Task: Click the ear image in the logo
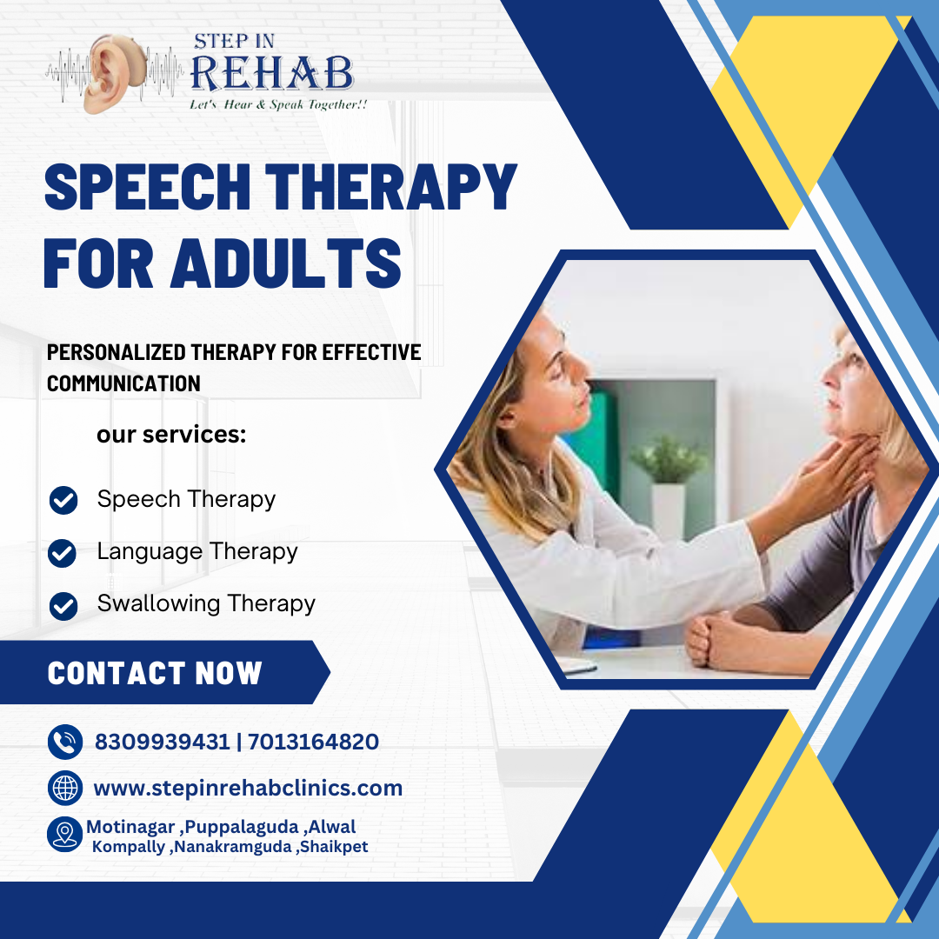pyautogui.click(x=114, y=74)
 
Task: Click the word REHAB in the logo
pyautogui.click(x=272, y=74)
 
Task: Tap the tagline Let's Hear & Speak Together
pyautogui.click(x=278, y=105)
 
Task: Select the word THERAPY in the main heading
pyautogui.click(x=391, y=187)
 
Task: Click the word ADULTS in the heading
pyautogui.click(x=286, y=263)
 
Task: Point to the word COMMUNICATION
pyautogui.click(x=123, y=383)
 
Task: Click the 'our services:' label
pyautogui.click(x=171, y=435)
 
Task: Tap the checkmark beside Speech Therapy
pyautogui.click(x=63, y=500)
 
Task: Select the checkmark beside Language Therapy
pyautogui.click(x=63, y=553)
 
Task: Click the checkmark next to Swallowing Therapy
pyautogui.click(x=63, y=606)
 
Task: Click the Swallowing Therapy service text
pyautogui.click(x=206, y=603)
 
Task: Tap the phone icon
pyautogui.click(x=65, y=742)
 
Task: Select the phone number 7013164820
pyautogui.click(x=313, y=742)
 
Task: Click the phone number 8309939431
pyautogui.click(x=163, y=742)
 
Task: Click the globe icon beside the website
pyautogui.click(x=65, y=788)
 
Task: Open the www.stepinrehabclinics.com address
pyautogui.click(x=248, y=789)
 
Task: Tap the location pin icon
pyautogui.click(x=64, y=834)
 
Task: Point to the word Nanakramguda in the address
pyautogui.click(x=233, y=847)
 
